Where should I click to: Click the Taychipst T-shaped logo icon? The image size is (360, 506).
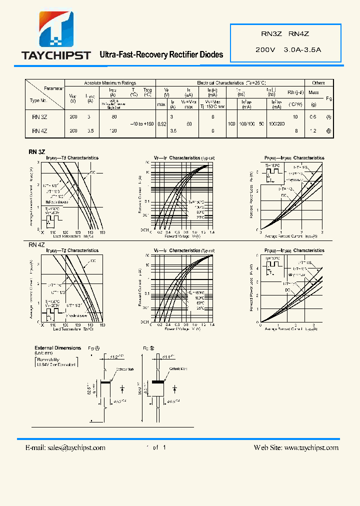coord(56,30)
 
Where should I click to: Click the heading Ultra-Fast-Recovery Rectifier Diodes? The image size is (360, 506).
coord(161,54)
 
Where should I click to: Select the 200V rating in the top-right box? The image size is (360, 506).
coord(265,50)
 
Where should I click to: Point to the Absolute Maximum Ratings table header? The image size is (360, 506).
coord(110,83)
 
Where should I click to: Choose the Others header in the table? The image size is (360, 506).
coord(318,83)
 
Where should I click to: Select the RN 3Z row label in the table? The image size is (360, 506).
coord(39,116)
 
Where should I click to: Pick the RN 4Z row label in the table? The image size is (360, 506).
coord(39,131)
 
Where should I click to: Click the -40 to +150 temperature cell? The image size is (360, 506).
coord(142,123)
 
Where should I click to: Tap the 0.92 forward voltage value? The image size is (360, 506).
coord(161,123)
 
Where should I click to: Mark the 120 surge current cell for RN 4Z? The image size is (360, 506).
coord(113,131)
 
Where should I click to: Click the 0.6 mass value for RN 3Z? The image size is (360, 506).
coord(313,116)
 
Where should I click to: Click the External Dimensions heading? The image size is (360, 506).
coord(57,348)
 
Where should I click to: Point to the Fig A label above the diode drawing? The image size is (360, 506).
coord(94,348)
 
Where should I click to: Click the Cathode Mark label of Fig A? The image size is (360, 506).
coord(127,368)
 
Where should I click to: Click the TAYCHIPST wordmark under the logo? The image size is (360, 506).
coord(56,55)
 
